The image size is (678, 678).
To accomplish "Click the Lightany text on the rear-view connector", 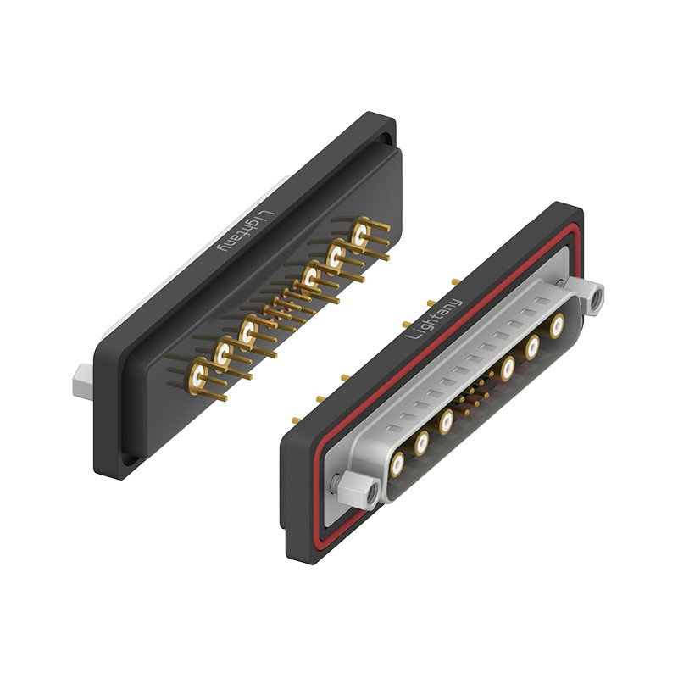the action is coord(246,231).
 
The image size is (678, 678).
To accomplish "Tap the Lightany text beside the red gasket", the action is coord(434,319).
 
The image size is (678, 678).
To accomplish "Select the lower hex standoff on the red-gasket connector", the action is coord(358,488).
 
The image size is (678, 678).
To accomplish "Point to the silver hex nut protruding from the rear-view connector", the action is coord(83,381).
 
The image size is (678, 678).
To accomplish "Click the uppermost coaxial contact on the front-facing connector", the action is coord(557,325).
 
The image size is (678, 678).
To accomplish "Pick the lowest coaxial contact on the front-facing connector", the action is coord(397,464).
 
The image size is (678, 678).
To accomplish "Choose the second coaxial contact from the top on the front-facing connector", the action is coord(532,347).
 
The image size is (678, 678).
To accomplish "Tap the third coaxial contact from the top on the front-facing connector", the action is coord(508,369).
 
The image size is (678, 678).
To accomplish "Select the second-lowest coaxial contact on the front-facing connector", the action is coord(421,443).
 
